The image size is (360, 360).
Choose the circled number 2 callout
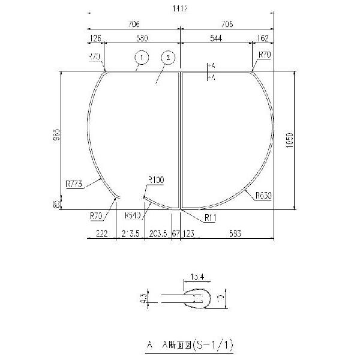click(x=169, y=58)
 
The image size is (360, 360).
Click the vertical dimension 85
click(x=56, y=205)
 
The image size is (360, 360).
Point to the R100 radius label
click(x=155, y=179)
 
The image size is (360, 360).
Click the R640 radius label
click(x=133, y=215)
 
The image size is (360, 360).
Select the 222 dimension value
click(x=101, y=234)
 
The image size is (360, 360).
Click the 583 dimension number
click(x=235, y=234)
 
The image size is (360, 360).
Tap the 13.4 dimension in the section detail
click(x=197, y=277)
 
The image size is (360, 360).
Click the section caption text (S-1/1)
click(x=189, y=345)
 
